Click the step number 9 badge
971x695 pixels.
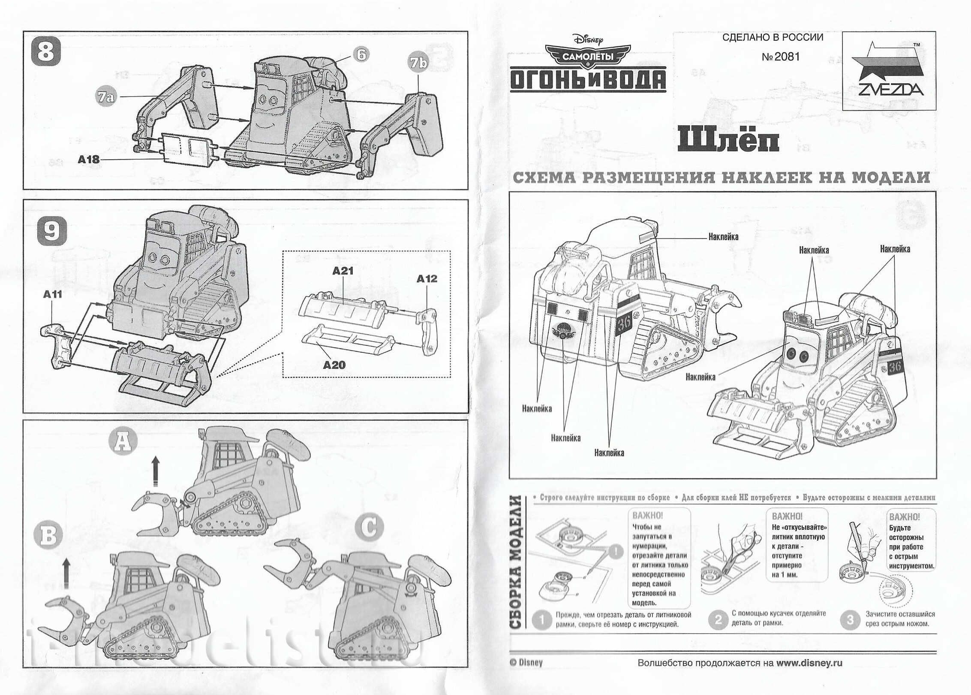click(53, 232)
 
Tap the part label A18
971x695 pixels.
click(89, 160)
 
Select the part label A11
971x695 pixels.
click(52, 294)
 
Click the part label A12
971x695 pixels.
click(427, 279)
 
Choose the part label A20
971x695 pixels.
click(334, 365)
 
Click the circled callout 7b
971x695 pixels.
click(418, 63)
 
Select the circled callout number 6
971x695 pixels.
click(361, 54)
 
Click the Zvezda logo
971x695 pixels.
click(889, 71)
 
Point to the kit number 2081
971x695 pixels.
click(781, 57)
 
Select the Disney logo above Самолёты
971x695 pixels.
click(587, 41)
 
